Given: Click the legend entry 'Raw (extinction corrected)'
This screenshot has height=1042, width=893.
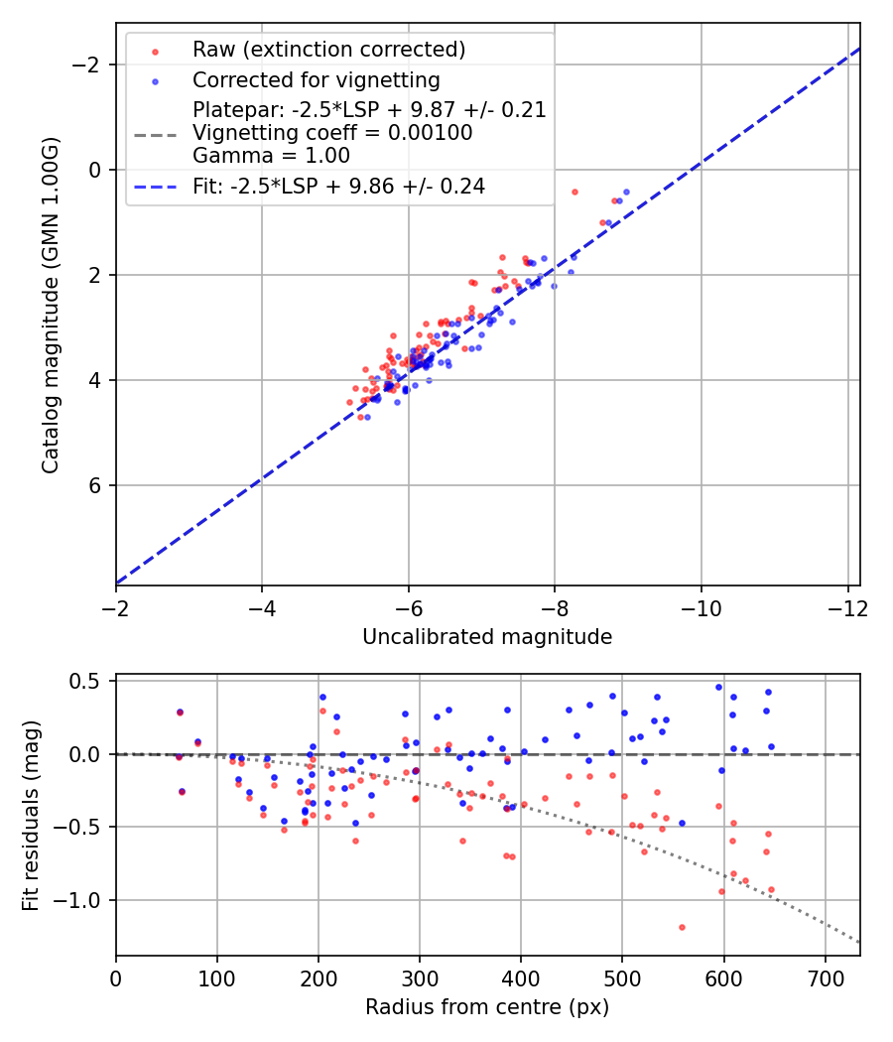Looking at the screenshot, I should click(x=328, y=50).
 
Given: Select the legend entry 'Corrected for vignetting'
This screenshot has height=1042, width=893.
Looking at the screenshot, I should click(x=316, y=79).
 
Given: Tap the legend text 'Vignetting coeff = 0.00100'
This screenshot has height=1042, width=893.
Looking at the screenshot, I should click(x=332, y=133).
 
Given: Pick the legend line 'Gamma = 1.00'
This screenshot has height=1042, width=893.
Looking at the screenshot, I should click(x=271, y=155).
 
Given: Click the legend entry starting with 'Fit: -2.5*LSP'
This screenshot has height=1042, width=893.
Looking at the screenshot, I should click(x=338, y=187).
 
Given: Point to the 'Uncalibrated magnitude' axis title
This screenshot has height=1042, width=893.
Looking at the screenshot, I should click(x=487, y=637).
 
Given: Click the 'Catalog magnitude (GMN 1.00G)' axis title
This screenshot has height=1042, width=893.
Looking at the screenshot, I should click(x=51, y=305).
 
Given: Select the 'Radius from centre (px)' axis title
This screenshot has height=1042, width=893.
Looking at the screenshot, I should click(x=487, y=1007).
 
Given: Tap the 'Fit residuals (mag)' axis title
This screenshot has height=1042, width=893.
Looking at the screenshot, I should click(x=31, y=815).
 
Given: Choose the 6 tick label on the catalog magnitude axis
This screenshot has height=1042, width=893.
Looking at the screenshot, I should click(x=96, y=485).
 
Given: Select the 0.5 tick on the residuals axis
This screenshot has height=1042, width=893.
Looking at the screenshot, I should click(x=90, y=681).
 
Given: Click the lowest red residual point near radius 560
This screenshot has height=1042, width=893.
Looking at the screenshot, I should click(x=682, y=927).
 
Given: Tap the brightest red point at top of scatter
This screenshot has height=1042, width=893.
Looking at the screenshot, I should click(x=574, y=192).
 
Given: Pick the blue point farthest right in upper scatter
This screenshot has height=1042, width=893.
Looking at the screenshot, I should click(x=626, y=192).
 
